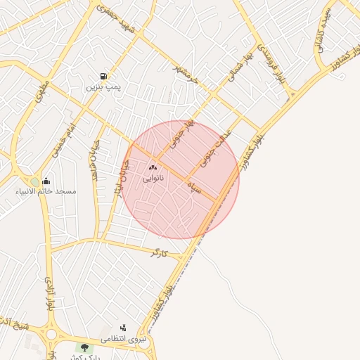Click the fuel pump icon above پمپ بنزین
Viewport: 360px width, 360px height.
tap(104, 76)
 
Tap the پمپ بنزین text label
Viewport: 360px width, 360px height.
tap(104, 87)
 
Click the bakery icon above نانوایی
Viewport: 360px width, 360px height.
tap(153, 167)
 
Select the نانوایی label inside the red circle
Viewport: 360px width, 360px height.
tap(153, 179)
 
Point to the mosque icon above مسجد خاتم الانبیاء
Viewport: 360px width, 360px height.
tap(46, 180)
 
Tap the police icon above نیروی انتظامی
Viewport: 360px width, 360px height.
tap(124, 328)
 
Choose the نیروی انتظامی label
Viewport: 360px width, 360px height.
tap(124, 340)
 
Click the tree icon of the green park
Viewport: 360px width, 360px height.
tap(85, 347)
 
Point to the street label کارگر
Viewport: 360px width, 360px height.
tap(159, 252)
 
